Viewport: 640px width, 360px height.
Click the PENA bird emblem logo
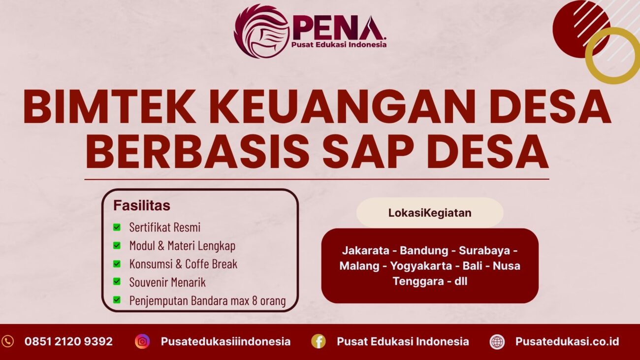(260, 31)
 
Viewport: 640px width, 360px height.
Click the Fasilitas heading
(142, 205)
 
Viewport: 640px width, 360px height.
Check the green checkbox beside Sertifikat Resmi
(117, 227)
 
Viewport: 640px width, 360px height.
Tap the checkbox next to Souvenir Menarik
(117, 282)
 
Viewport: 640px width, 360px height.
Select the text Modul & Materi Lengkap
(182, 245)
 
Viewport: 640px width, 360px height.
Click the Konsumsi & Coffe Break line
(183, 264)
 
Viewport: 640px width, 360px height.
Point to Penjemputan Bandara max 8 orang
(207, 300)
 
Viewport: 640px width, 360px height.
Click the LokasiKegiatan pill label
(430, 213)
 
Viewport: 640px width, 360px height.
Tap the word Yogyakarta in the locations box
(421, 266)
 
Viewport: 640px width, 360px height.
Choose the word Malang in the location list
(359, 266)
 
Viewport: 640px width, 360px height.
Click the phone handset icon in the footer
(8, 341)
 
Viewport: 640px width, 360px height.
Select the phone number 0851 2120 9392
(68, 341)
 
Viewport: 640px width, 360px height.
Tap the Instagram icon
(142, 341)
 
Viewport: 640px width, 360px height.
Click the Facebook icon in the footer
(318, 341)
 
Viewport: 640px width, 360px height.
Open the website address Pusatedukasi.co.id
(567, 341)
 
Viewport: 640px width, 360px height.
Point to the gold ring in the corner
(613, 55)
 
